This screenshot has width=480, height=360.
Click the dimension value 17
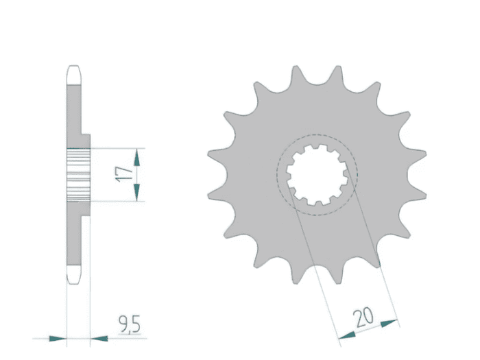coord(124,174)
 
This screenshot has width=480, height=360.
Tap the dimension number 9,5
coord(130,324)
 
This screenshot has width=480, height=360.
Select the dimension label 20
coord(363,317)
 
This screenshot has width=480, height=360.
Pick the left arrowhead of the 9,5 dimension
coord(58,339)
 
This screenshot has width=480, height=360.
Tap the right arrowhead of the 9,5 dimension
coord(99,339)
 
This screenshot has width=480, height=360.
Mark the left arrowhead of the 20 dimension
coord(347,335)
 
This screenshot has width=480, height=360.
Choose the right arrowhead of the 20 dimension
coord(389,323)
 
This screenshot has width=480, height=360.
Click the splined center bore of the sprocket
coord(317,175)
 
